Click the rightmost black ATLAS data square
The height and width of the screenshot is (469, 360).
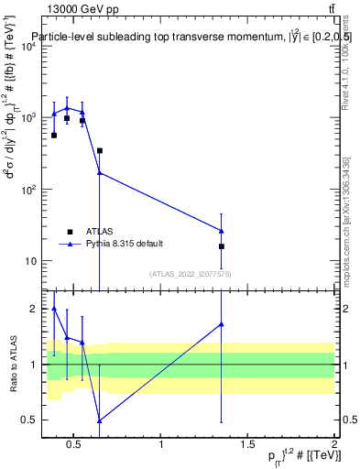pos(221,246)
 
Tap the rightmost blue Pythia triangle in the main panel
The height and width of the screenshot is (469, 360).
pos(221,231)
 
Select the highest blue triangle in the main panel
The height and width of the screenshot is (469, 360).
pos(67,108)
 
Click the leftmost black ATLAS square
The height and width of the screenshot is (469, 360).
pos(54,135)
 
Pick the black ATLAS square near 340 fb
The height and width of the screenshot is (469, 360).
pos(99,150)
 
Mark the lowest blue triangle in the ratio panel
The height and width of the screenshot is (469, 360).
pos(99,420)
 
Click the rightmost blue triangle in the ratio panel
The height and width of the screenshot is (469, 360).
pos(221,324)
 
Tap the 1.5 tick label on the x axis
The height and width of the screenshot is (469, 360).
pos(247,445)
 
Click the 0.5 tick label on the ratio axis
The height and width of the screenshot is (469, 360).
pos(28,420)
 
